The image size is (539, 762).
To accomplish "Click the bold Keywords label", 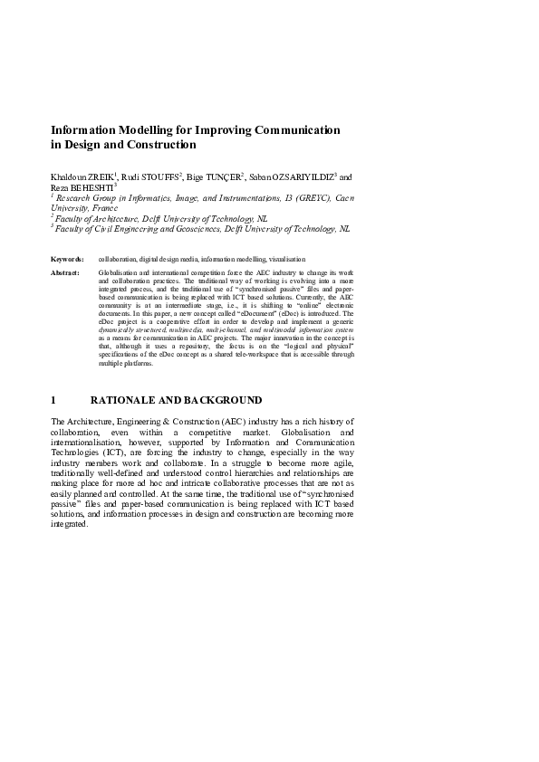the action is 67,259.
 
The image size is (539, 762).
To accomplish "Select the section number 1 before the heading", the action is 54,400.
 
